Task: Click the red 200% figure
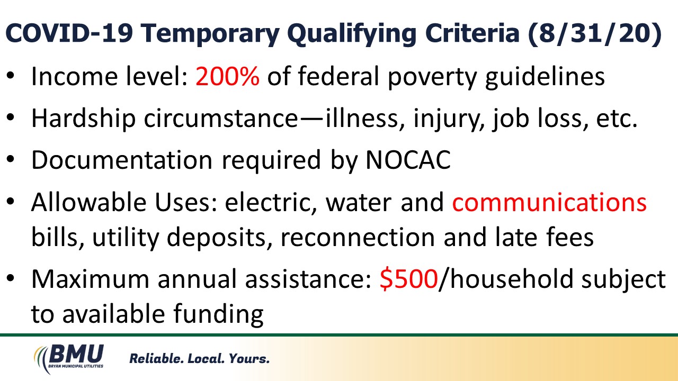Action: pyautogui.click(x=227, y=76)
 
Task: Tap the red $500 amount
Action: pyautogui.click(x=408, y=279)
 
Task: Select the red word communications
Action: pyautogui.click(x=549, y=202)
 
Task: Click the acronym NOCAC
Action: pyautogui.click(x=408, y=160)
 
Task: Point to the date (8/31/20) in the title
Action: pyautogui.click(x=595, y=33)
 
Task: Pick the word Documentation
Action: pyautogui.click(x=122, y=160)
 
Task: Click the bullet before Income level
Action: pyautogui.click(x=10, y=76)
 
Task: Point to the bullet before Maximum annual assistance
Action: pyautogui.click(x=10, y=278)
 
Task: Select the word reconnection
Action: pyautogui.click(x=358, y=237)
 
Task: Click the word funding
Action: pyautogui.click(x=219, y=314)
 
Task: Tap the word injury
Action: pyautogui.click(x=449, y=119)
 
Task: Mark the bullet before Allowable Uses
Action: pyautogui.click(x=10, y=202)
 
